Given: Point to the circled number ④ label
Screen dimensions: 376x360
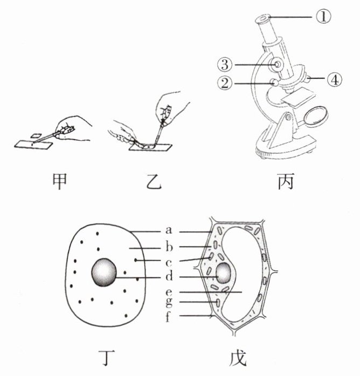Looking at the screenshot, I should coord(335,79).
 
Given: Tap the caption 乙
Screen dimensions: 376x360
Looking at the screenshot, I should coord(142,182).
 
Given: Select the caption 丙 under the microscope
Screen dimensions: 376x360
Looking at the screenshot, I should coord(285,182).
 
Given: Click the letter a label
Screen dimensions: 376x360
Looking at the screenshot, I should coord(169,231).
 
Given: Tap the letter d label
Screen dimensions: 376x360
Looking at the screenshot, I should coord(169,278).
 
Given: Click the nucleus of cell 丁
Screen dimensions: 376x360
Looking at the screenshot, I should coord(105,271).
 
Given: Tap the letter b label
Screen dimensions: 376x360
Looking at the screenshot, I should coord(169,248).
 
